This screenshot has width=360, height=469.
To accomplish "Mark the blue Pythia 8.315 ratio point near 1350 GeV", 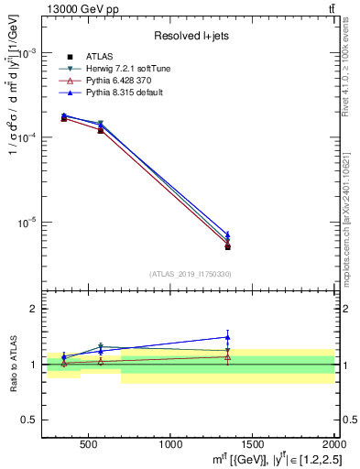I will (x=227, y=337).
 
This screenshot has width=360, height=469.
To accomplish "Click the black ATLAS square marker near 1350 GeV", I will (x=227, y=247).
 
